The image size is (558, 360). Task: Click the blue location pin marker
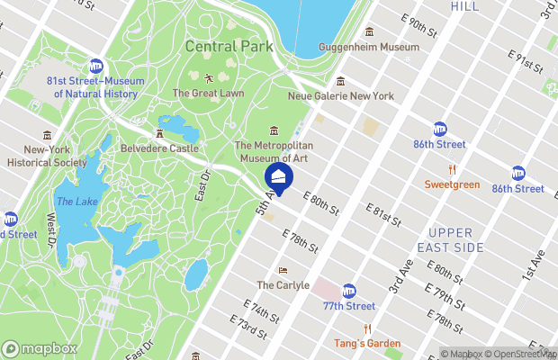pyautogui.click(x=278, y=176)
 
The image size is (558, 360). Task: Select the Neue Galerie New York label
pyautogui.click(x=340, y=95)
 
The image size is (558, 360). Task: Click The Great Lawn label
pyautogui.click(x=208, y=93)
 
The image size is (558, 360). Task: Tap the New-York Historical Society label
pyautogui.click(x=47, y=157)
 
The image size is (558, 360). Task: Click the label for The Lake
pyautogui.click(x=76, y=202)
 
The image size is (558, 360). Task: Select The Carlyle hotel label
pyautogui.click(x=283, y=284)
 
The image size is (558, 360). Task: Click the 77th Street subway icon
pyautogui.click(x=348, y=291)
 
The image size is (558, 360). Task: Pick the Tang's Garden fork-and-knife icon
pyautogui.click(x=367, y=329)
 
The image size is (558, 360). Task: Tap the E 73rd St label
pyautogui.click(x=248, y=328)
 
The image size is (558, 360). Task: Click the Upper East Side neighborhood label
pyautogui.click(x=456, y=239)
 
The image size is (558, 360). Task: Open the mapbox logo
pyautogui.click(x=40, y=348)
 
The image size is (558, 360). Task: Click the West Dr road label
pyautogui.click(x=51, y=229)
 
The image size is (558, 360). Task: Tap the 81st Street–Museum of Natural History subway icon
pyautogui.click(x=95, y=66)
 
